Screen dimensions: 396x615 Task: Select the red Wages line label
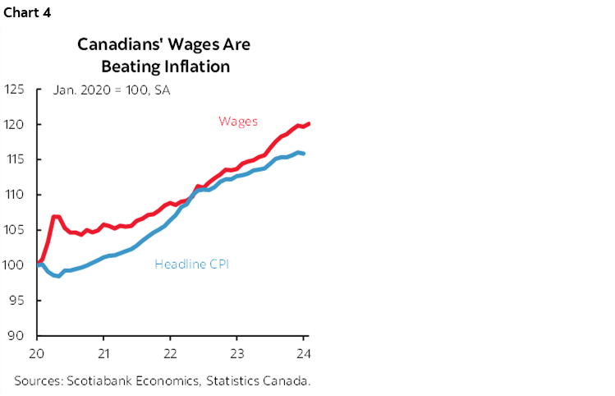tap(238, 122)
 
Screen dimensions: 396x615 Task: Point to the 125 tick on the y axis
tap(16, 89)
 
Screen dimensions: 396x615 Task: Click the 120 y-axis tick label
tap(16, 124)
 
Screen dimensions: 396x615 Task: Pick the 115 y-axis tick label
tap(16, 159)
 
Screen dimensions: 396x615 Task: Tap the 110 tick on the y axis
tap(16, 195)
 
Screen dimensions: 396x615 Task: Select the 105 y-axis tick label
tap(16, 230)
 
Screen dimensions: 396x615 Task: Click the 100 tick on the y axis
tap(16, 265)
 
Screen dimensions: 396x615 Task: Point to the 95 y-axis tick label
tap(19, 301)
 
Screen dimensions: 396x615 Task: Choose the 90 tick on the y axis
tap(19, 336)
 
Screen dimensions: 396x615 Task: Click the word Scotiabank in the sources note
tap(97, 380)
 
